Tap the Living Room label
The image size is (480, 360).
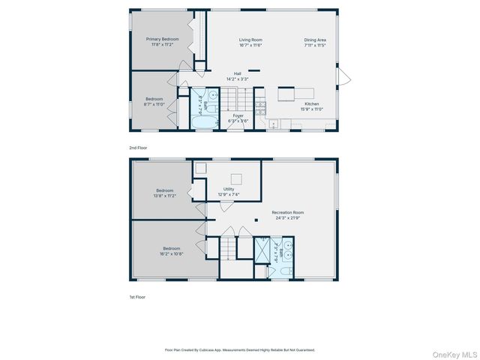tap(250, 39)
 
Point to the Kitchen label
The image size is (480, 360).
tap(312, 103)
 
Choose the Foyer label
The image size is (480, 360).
tap(238, 115)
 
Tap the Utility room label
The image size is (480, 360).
tap(229, 189)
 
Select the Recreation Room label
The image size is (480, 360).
tap(288, 212)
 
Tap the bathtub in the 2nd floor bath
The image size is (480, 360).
tap(202, 121)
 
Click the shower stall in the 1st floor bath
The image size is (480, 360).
tap(262, 248)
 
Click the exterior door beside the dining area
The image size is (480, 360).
tap(343, 76)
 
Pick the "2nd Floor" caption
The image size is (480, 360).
tap(138, 148)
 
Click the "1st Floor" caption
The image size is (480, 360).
tap(137, 297)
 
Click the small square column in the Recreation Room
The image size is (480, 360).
tap(256, 220)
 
